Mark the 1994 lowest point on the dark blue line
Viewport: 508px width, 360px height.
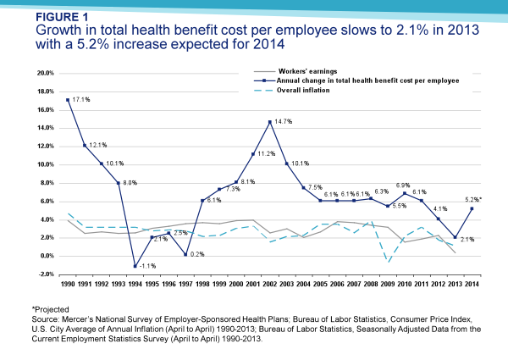[135, 266]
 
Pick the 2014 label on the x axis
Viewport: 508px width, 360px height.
[471, 284]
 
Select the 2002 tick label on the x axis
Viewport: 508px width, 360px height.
[269, 284]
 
